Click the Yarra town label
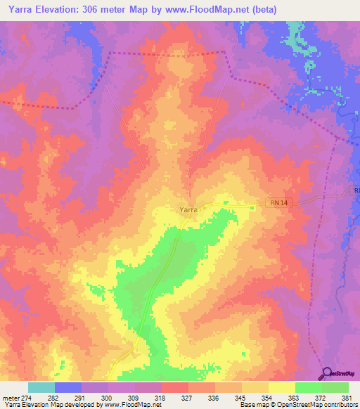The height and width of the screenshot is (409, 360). coord(187,209)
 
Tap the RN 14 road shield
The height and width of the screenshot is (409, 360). coord(278,203)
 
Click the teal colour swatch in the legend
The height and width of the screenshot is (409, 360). coord(41,387)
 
